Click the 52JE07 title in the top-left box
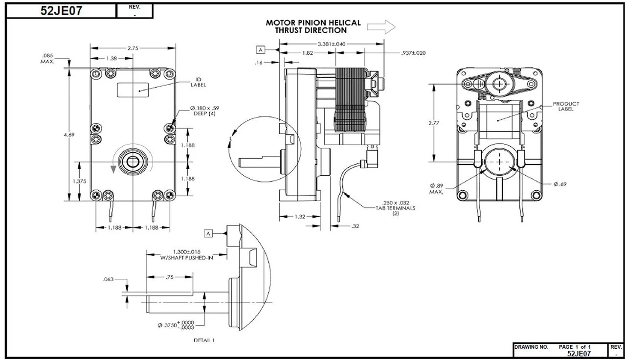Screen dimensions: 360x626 [x=61, y=11]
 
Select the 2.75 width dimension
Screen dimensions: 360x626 [x=133, y=48]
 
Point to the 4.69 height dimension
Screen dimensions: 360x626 [x=72, y=135]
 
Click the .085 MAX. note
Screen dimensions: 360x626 [x=47, y=58]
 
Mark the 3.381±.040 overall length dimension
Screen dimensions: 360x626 [x=331, y=44]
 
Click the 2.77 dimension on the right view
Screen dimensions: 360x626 [x=432, y=123]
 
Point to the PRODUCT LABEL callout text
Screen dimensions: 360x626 [x=566, y=106]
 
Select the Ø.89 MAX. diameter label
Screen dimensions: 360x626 [x=437, y=188]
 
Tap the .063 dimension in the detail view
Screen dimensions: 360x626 [x=109, y=279]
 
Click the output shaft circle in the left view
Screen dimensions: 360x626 [x=132, y=161]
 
